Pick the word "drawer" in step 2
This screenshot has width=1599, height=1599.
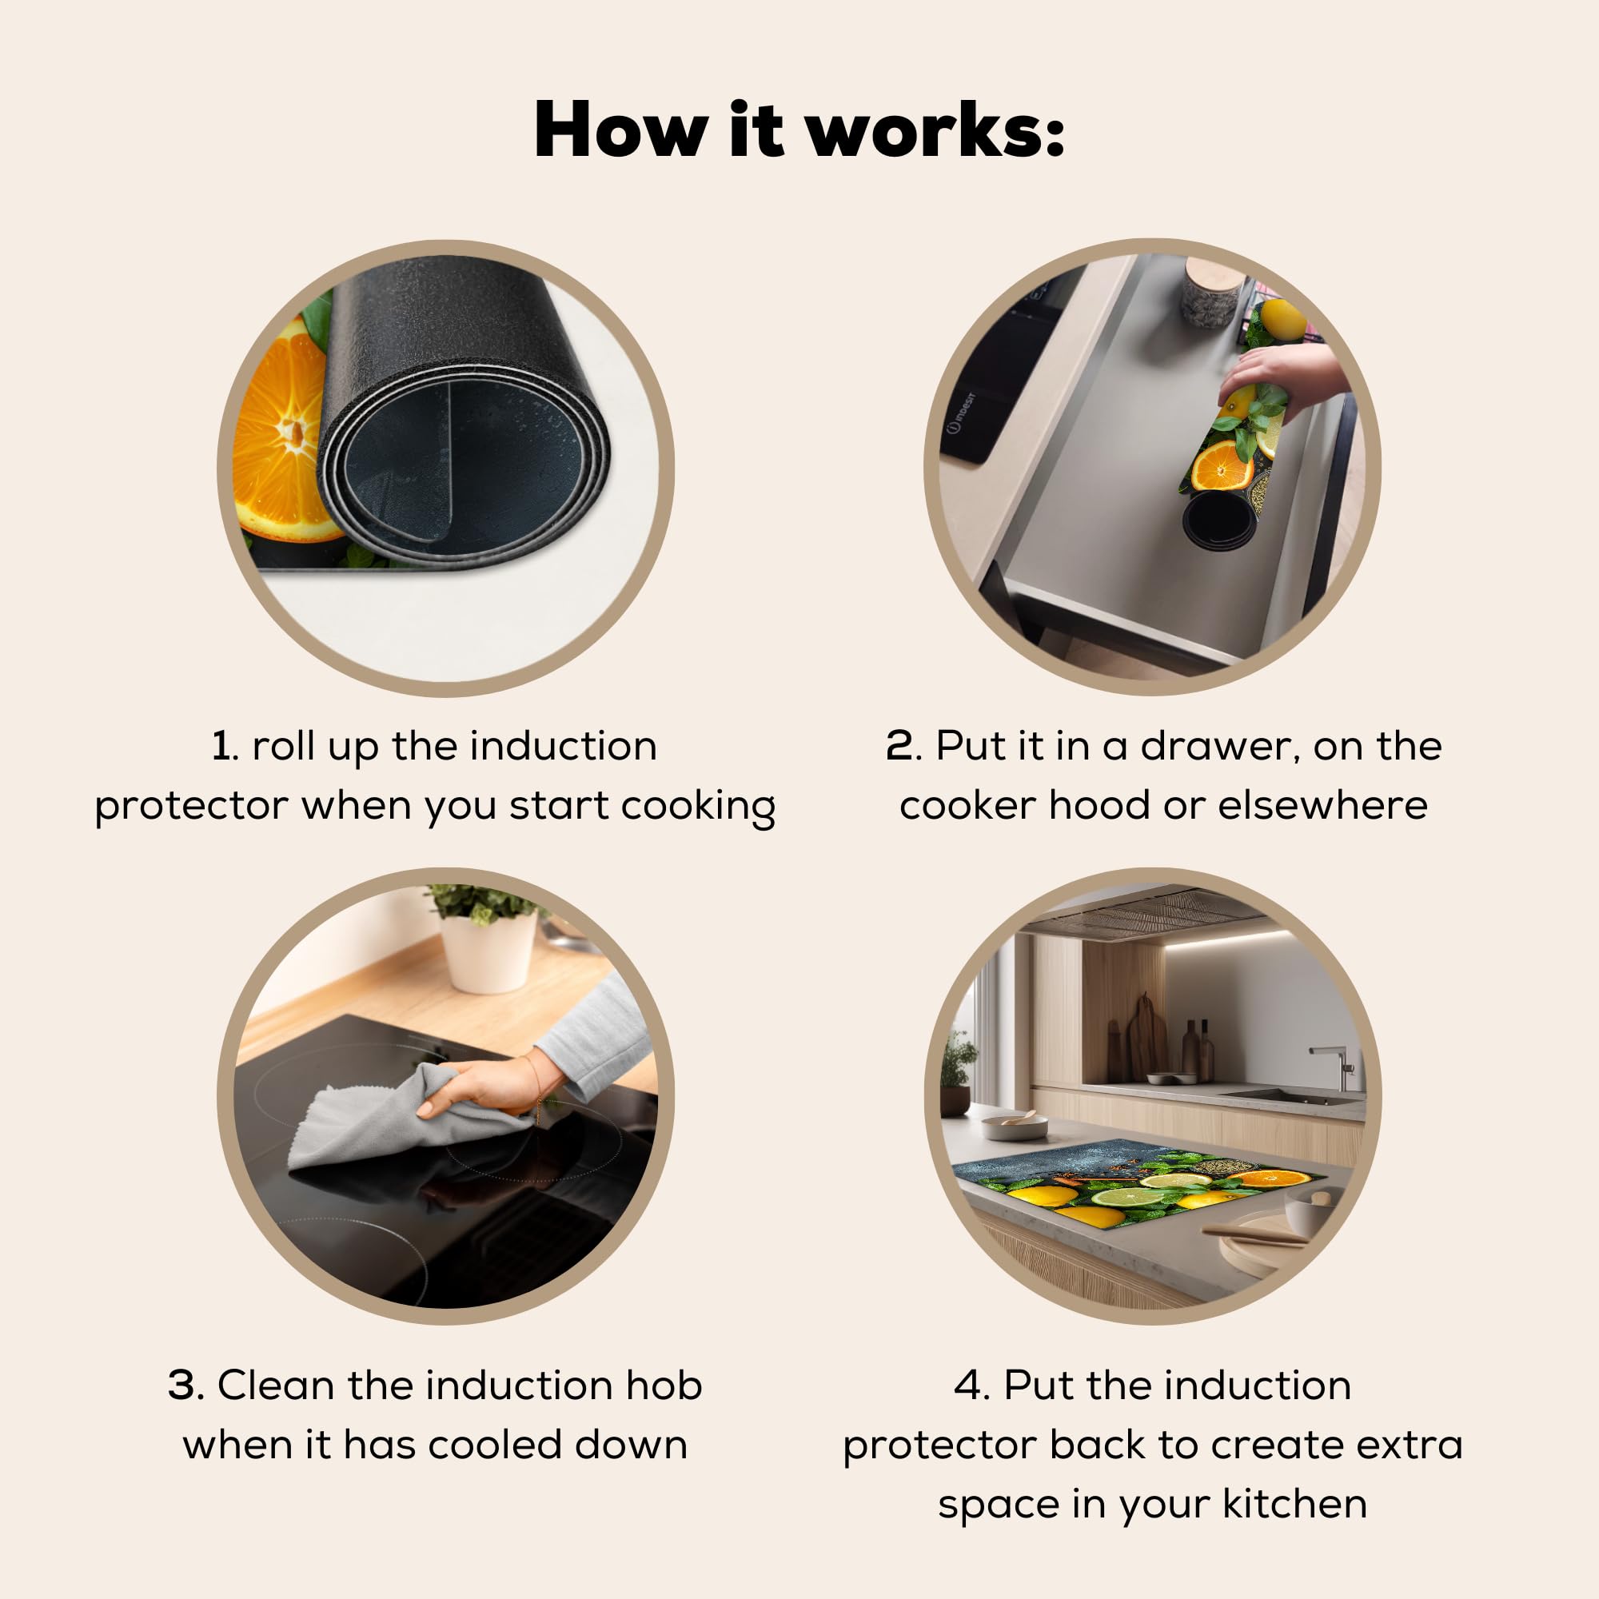(x=1215, y=746)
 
